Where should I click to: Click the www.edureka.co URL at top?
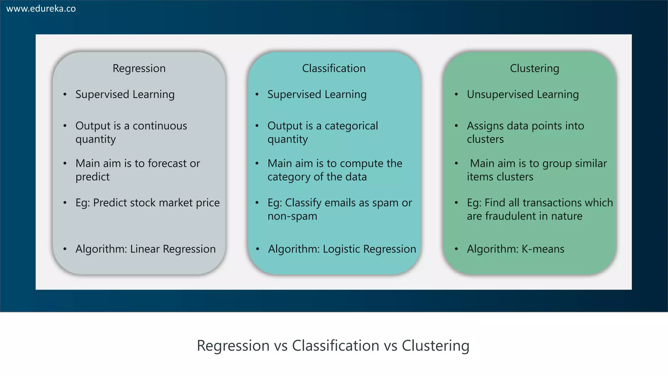pos(41,8)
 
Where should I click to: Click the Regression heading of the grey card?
pos(139,68)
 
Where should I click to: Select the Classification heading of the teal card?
pos(334,68)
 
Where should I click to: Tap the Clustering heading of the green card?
pos(534,68)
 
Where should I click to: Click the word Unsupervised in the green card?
pos(500,94)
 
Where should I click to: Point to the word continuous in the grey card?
pos(160,126)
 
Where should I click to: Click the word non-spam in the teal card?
pos(292,216)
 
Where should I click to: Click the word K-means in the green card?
pos(543,249)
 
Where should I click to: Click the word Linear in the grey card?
pos(145,249)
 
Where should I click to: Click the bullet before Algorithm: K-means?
pos(456,249)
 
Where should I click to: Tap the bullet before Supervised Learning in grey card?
pos(65,95)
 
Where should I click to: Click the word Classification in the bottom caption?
pos(336,346)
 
